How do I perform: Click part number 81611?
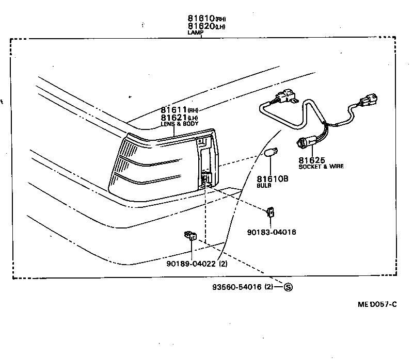[x=174, y=110]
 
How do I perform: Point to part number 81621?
[x=174, y=118]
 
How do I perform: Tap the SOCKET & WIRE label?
[x=321, y=167]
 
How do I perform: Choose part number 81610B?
[x=273, y=178]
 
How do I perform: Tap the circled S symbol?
[x=288, y=287]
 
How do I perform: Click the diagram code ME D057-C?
[x=377, y=304]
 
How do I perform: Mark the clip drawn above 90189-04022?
[x=190, y=236]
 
